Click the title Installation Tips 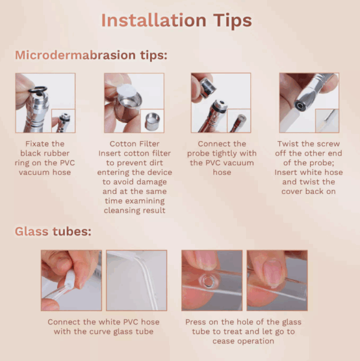click(x=176, y=21)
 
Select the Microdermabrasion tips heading click(x=91, y=55)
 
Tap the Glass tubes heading click(x=53, y=231)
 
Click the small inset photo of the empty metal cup click(x=152, y=121)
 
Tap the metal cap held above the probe click(x=208, y=88)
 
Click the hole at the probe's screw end click(x=300, y=106)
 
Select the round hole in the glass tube click(x=208, y=281)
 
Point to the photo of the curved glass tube click(x=137, y=281)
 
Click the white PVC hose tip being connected click(x=70, y=279)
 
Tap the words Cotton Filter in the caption click(x=134, y=144)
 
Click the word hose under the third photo click(x=222, y=172)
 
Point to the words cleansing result click(x=134, y=210)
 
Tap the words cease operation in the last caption click(x=243, y=341)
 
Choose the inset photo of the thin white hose click(x=327, y=121)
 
